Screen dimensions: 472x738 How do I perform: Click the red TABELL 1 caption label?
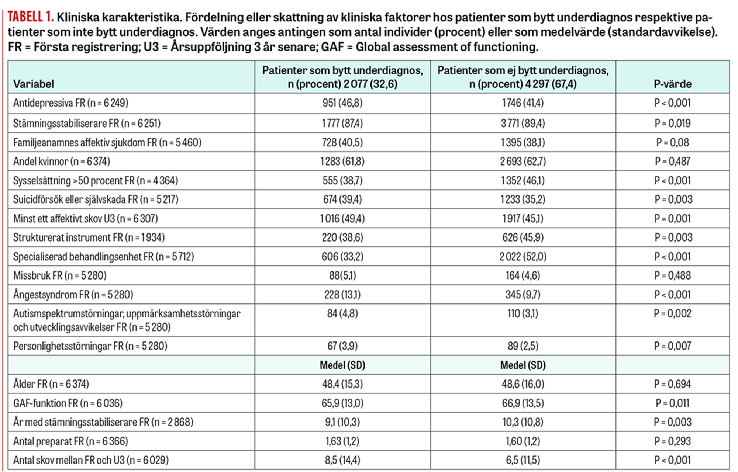coord(31,17)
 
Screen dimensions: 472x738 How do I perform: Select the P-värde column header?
coord(672,84)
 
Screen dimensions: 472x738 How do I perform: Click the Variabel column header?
coord(34,84)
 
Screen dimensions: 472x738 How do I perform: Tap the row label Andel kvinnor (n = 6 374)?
coord(62,162)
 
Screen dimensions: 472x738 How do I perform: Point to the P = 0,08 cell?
coord(672,142)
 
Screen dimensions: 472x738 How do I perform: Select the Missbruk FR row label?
coord(60,275)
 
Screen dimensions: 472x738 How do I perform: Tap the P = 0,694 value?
coord(672,384)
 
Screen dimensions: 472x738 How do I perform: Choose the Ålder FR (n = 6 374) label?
coord(51,384)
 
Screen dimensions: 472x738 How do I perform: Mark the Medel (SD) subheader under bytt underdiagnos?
coord(342,365)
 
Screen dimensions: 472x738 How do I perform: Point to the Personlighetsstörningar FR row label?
coord(90,346)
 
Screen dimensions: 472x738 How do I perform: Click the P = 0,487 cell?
coord(672,162)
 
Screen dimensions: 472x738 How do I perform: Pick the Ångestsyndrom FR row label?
coord(73,295)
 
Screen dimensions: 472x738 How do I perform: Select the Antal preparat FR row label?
coord(70,441)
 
